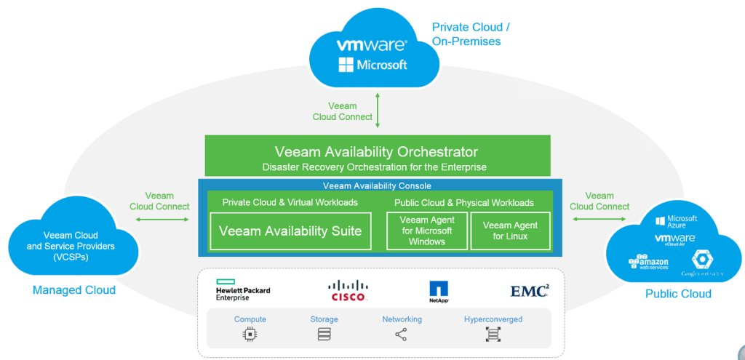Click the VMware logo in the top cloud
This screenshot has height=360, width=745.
pos(372,45)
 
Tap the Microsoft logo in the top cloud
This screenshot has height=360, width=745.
pos(372,65)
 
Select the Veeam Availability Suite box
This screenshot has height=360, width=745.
pos(290,231)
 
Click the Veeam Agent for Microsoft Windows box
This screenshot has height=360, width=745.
pos(426,231)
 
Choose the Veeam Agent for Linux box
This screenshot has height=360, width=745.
pos(511,231)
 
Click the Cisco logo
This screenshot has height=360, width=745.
pos(348,290)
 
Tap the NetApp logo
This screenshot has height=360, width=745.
pos(439,292)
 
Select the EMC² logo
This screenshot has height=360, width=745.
pos(530,291)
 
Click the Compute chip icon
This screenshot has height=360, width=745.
pos(250,335)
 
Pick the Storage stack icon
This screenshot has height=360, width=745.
pos(324,335)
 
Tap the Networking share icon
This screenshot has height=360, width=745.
pos(402,335)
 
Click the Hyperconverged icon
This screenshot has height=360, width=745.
pos(493,335)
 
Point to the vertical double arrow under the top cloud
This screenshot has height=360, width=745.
pos(378,111)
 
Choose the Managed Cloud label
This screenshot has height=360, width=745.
pos(74,290)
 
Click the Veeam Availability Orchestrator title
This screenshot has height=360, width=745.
pos(376,152)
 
